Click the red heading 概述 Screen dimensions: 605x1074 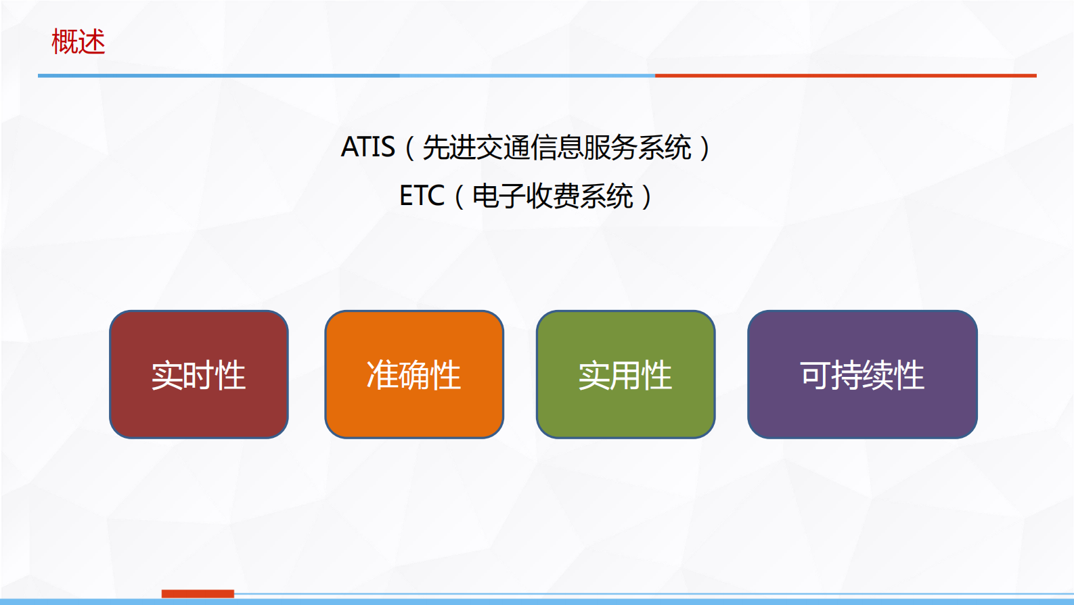(x=79, y=42)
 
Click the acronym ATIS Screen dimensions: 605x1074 (x=367, y=148)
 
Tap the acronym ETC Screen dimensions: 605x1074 (x=422, y=196)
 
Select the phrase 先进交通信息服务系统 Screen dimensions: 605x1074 (x=556, y=148)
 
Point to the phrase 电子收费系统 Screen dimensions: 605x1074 (x=552, y=196)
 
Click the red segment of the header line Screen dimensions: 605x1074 (x=845, y=76)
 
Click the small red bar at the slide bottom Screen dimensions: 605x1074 (x=198, y=593)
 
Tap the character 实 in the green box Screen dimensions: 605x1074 (x=594, y=376)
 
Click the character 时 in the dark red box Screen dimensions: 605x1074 (x=198, y=376)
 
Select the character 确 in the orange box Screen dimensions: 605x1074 (x=413, y=376)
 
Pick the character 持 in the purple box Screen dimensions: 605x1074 (x=847, y=376)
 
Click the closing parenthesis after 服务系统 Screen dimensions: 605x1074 (x=705, y=148)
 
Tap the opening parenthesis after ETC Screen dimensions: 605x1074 (x=459, y=196)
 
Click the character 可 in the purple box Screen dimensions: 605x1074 (x=815, y=376)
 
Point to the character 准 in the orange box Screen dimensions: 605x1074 (x=382, y=376)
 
